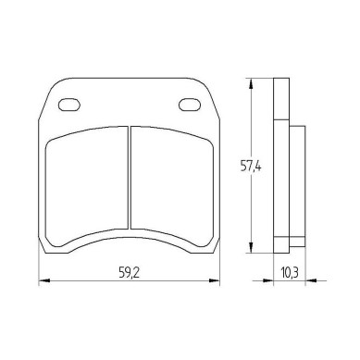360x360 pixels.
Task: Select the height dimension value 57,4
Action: [x=236, y=168]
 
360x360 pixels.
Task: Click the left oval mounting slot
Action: [x=70, y=105]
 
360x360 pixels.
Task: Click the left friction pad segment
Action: [x=85, y=185]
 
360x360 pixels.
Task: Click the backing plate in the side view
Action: [x=280, y=167]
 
